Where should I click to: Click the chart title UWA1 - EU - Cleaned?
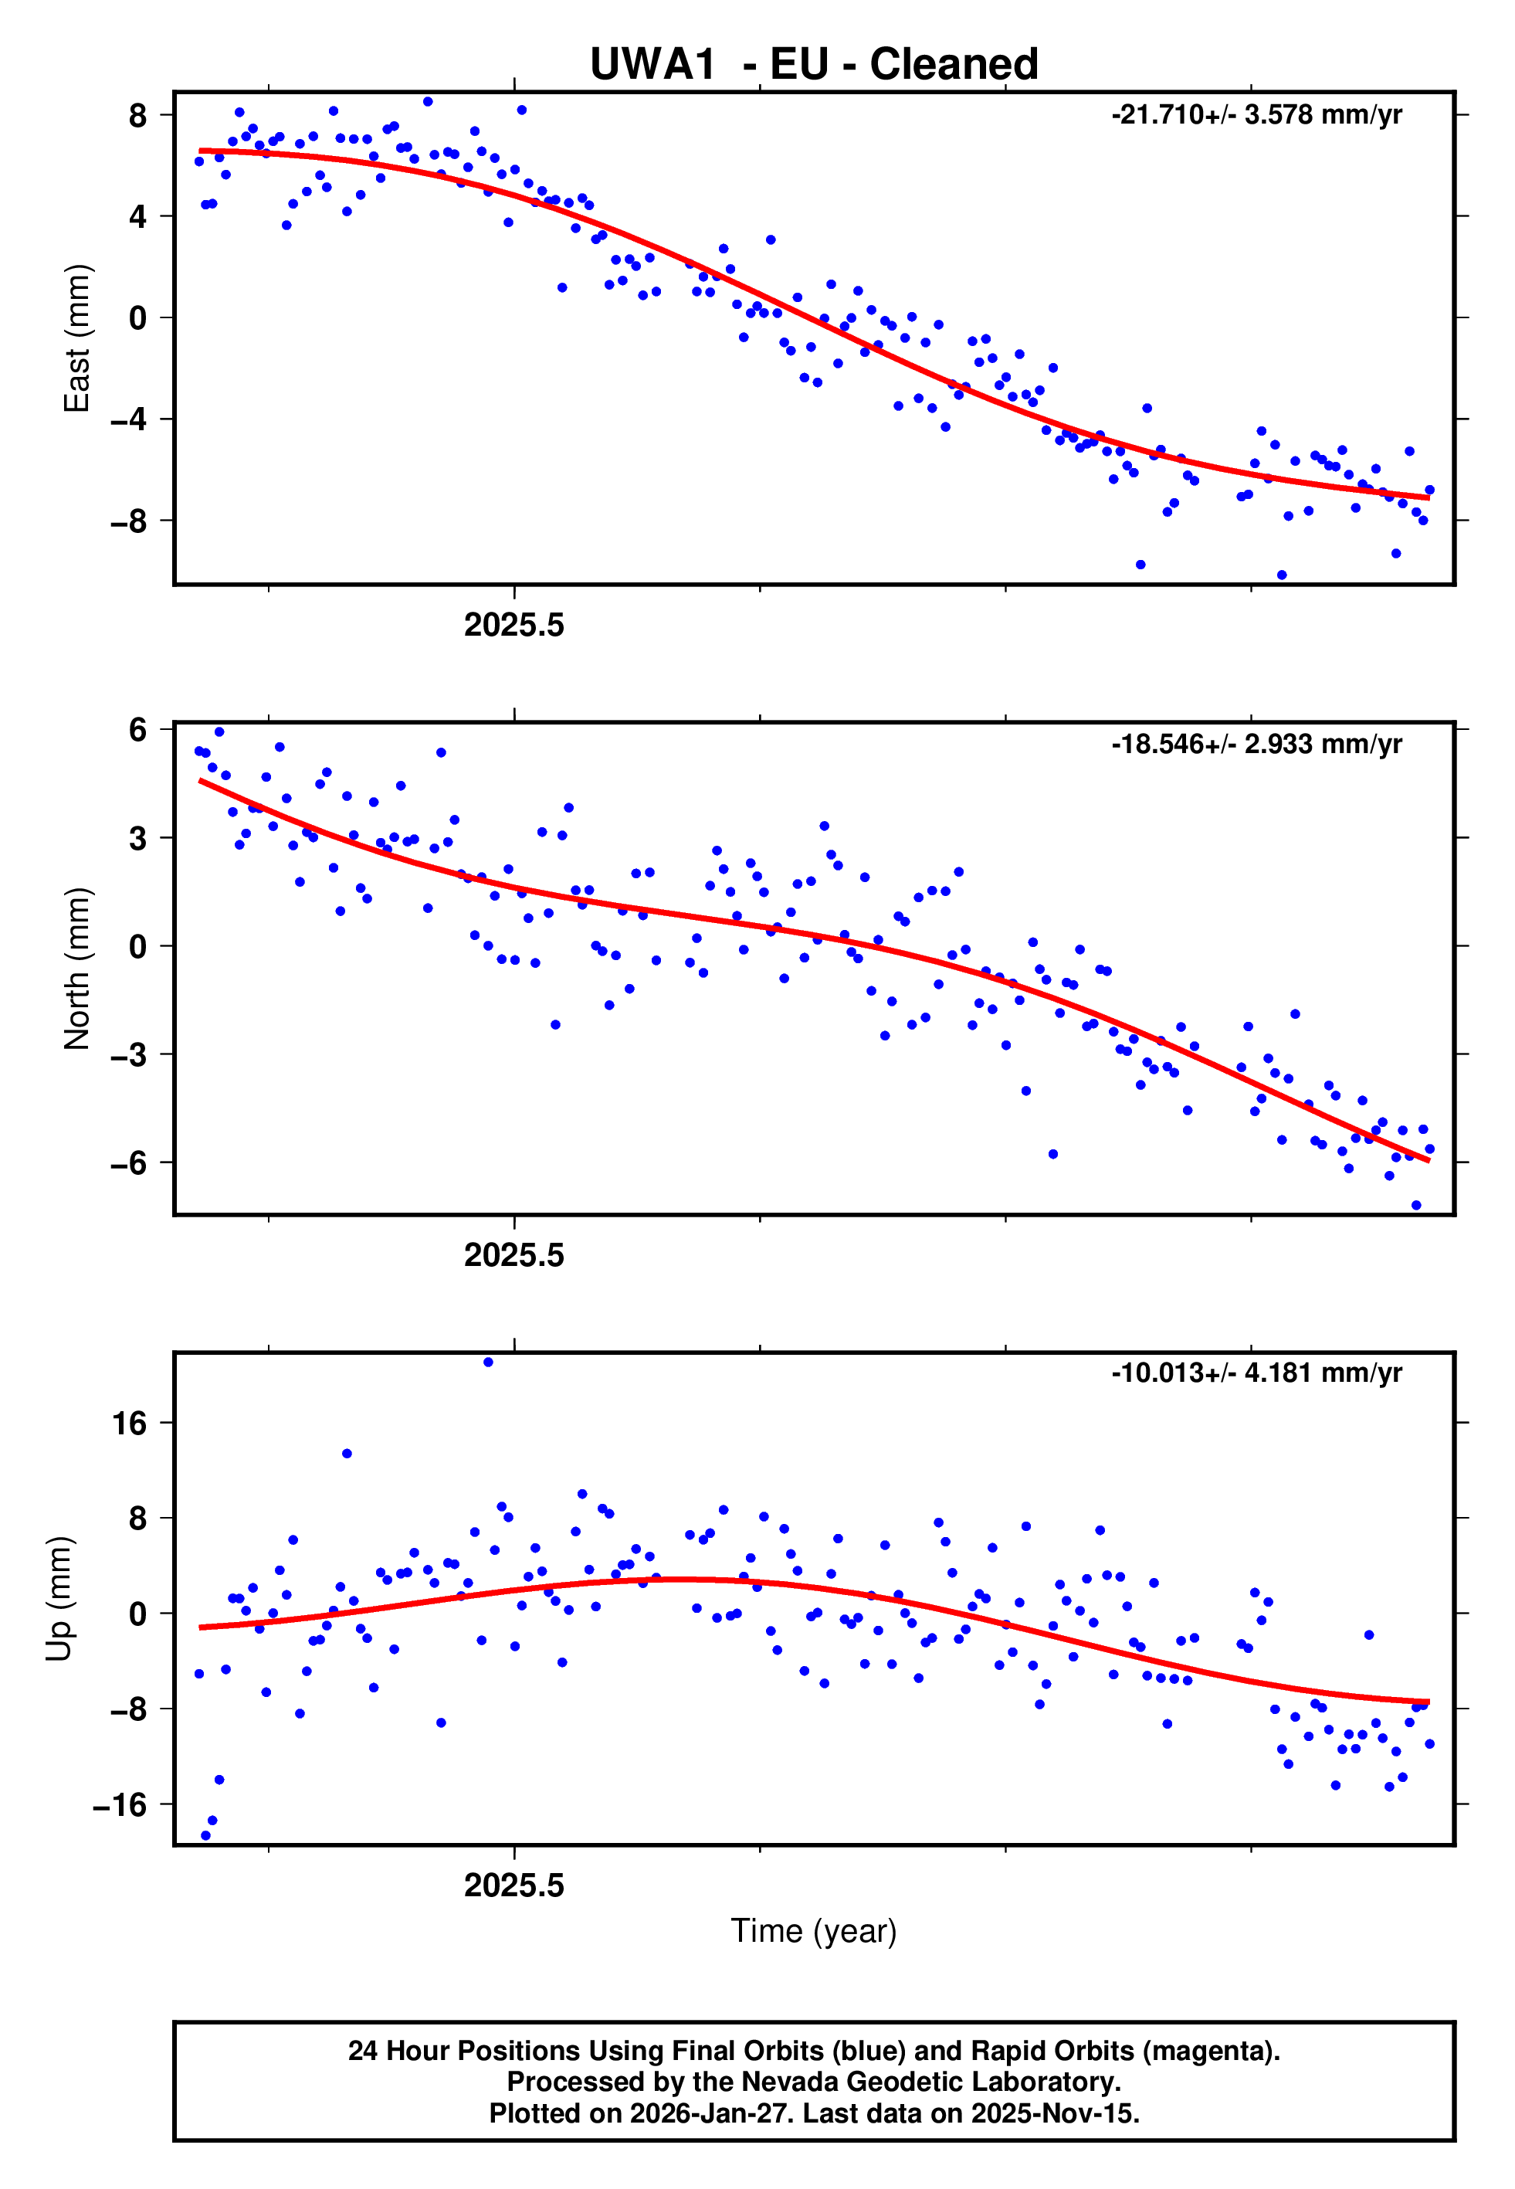tap(814, 65)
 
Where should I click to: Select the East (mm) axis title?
tap(76, 338)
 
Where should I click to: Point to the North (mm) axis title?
tap(76, 969)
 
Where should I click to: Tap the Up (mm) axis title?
tap(59, 1599)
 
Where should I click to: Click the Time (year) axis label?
tap(814, 1931)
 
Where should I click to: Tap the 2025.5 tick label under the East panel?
tap(513, 625)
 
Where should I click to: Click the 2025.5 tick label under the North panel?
tap(513, 1255)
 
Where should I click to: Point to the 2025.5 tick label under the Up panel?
tap(513, 1885)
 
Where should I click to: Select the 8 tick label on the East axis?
tap(138, 116)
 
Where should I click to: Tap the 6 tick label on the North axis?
tap(138, 730)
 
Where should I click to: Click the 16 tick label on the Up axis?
tap(130, 1423)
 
